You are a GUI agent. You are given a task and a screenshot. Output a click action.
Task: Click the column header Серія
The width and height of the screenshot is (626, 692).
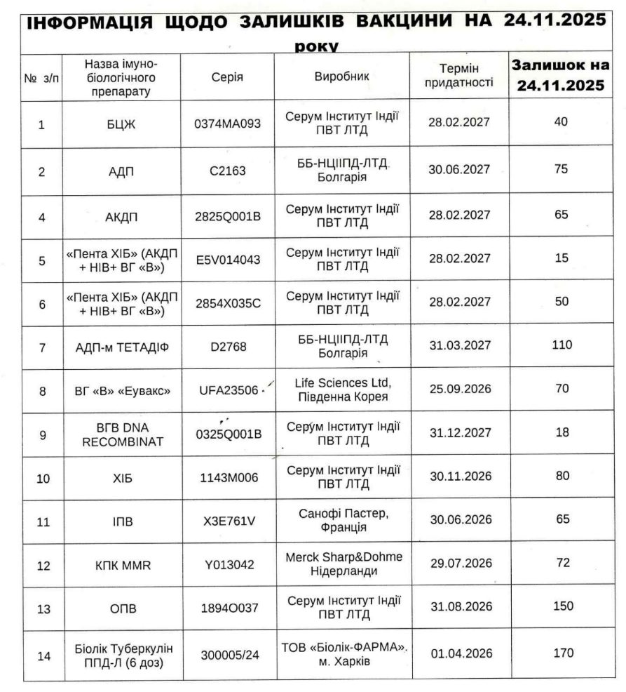227,77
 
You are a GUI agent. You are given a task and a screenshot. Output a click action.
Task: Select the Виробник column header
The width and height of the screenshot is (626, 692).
341,76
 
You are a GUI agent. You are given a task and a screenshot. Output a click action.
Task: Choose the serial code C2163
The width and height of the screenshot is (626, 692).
227,169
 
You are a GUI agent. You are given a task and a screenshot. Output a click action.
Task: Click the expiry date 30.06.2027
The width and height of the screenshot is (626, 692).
459,169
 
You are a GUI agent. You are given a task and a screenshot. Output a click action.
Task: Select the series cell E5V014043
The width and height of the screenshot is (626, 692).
227,260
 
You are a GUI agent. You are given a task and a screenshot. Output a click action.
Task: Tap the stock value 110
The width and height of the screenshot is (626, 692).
562,345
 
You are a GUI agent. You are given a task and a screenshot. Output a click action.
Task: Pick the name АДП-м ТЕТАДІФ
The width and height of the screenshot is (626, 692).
122,345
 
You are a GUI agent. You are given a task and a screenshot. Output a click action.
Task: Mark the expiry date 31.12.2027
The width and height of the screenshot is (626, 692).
459,434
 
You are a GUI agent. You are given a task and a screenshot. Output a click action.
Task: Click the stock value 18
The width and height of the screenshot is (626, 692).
562,433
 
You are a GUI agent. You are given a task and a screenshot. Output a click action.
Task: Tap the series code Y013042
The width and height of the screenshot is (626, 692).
227,563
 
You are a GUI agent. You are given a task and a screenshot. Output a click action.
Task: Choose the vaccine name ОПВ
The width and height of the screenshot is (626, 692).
122,607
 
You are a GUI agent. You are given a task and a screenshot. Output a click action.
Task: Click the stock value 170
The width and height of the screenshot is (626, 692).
562,653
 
